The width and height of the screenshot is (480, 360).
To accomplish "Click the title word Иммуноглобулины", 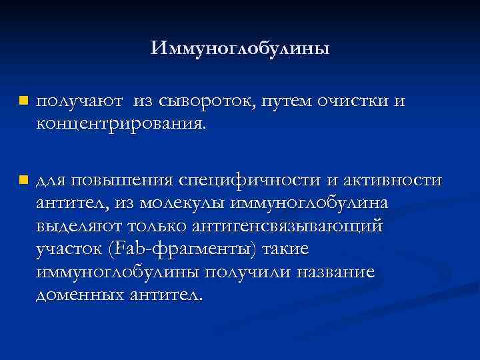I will pos(240,49).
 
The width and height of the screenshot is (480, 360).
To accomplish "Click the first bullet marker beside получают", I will pos(23,101).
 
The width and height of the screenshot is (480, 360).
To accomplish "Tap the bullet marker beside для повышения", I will pos(23,180).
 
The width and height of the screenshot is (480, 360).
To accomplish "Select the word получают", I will pos(79,101).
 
